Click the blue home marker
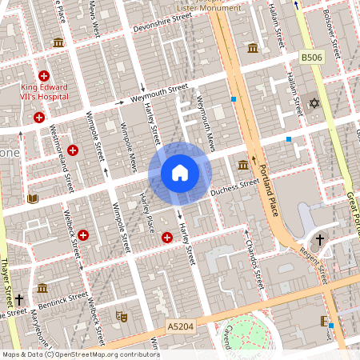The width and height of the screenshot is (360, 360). click(x=180, y=173)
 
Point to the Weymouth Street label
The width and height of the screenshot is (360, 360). click(x=161, y=93)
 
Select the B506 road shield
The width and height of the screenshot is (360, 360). click(x=311, y=58)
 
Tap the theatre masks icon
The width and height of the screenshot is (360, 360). click(x=122, y=317)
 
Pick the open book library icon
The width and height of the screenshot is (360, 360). click(x=33, y=198)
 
